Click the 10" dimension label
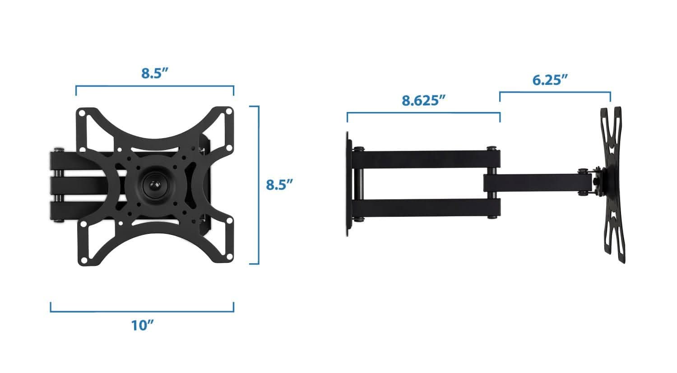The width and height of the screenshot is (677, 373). [143, 325]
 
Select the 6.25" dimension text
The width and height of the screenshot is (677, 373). [549, 80]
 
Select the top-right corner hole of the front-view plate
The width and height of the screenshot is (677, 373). [228, 111]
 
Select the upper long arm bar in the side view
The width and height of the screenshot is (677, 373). [427, 158]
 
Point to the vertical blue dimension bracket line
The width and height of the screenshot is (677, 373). [258, 185]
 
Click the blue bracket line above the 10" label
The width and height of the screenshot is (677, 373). [142, 311]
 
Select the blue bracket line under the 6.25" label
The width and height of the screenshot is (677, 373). [555, 93]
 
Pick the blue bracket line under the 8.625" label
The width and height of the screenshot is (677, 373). [423, 113]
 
